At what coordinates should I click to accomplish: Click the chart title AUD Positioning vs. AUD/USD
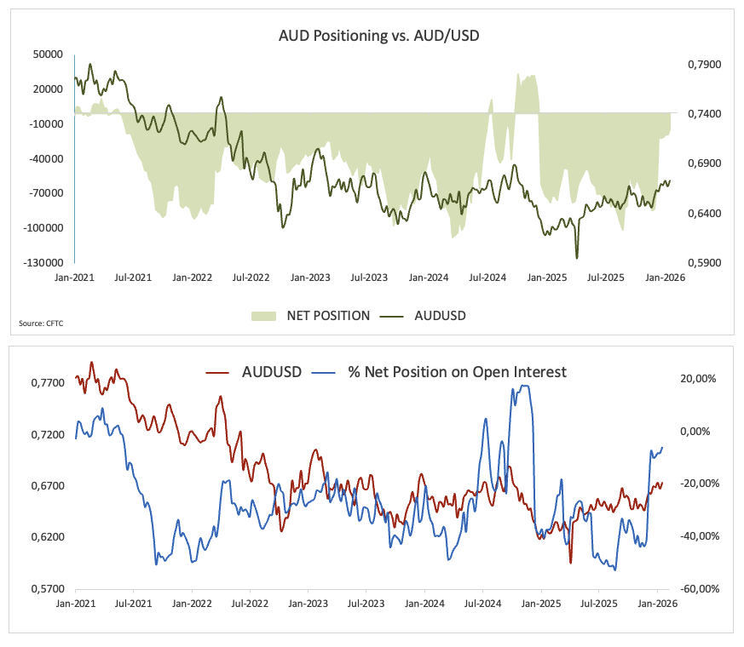click(x=372, y=36)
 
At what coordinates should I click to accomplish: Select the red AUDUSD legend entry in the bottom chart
click(x=256, y=372)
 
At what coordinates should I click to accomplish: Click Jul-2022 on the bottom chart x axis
click(x=251, y=604)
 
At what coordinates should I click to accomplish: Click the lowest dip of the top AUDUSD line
click(x=577, y=258)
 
